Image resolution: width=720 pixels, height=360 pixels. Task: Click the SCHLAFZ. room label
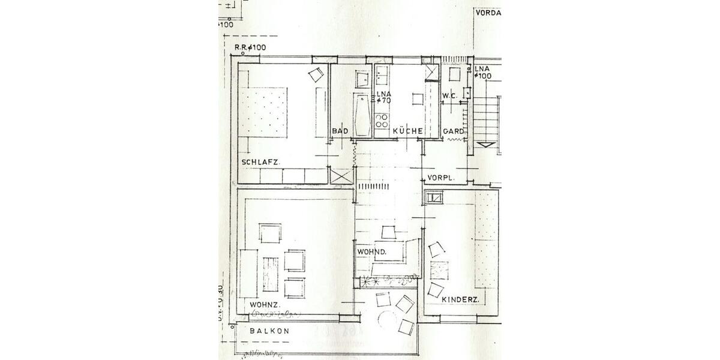pyautogui.click(x=262, y=163)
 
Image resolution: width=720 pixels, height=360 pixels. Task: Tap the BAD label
pyautogui.click(x=340, y=131)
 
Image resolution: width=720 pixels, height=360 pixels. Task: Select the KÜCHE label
pyautogui.click(x=408, y=131)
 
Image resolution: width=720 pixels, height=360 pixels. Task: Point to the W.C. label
pyautogui.click(x=450, y=97)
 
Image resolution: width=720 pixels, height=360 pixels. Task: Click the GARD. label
pyautogui.click(x=452, y=131)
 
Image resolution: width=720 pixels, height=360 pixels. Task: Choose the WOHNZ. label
pyautogui.click(x=262, y=305)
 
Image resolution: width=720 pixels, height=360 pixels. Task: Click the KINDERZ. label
pyautogui.click(x=460, y=299)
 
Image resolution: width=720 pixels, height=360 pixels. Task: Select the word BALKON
pyautogui.click(x=269, y=331)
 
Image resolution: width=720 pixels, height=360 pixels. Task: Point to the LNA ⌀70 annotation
pyautogui.click(x=383, y=97)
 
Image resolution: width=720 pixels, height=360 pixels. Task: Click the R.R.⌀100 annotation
pyautogui.click(x=250, y=47)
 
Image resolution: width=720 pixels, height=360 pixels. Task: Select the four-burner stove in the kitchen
pyautogui.click(x=382, y=121)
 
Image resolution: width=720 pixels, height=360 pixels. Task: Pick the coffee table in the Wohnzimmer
pyautogui.click(x=271, y=273)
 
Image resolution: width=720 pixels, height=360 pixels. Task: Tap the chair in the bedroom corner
pyautogui.click(x=315, y=74)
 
